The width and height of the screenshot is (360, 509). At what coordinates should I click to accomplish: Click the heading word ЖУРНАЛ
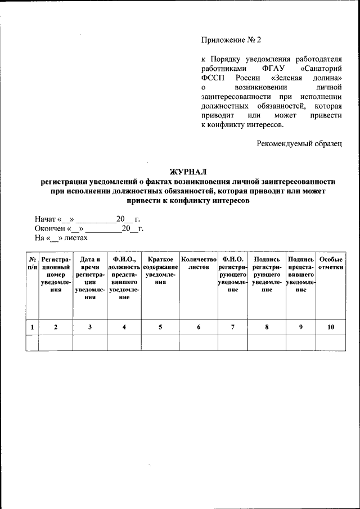(188, 171)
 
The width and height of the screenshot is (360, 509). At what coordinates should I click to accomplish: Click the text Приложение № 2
(231, 40)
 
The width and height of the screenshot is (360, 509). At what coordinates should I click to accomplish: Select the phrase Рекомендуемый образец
(300, 143)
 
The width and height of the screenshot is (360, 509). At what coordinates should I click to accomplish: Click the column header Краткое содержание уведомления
(160, 271)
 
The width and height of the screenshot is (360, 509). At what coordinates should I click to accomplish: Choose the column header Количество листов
(199, 263)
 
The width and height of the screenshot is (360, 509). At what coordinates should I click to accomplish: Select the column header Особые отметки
(331, 263)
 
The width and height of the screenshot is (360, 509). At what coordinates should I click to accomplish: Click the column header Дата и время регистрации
(90, 278)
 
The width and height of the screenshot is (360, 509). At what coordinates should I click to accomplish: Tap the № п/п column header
(32, 263)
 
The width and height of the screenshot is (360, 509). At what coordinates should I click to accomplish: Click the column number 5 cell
(160, 327)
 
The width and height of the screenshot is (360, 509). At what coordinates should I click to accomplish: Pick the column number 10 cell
(331, 327)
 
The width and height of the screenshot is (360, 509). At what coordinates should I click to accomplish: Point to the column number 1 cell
(32, 327)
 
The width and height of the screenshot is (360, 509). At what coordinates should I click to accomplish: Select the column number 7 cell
(233, 327)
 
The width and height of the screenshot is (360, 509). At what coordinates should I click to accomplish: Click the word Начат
(46, 219)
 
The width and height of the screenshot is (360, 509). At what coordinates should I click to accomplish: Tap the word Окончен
(49, 228)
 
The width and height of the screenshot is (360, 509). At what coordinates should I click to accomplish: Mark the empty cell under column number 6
(199, 343)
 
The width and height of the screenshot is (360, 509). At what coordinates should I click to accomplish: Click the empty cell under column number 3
(90, 343)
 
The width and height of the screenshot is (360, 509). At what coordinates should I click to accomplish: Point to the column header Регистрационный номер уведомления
(56, 274)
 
